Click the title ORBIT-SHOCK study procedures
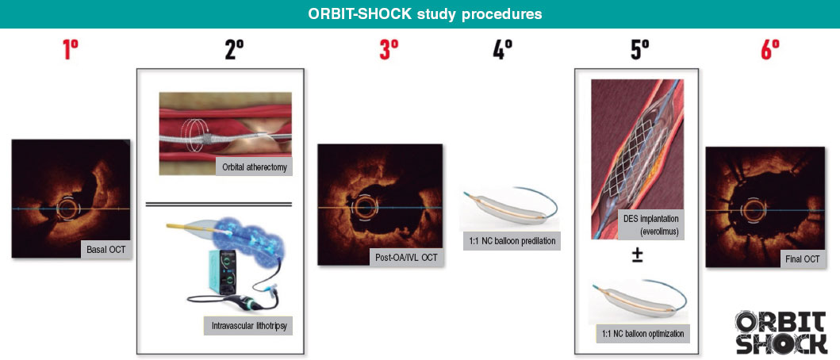point(420,14)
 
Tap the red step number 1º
point(71,51)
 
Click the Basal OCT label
point(105,251)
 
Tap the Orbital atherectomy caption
point(253,167)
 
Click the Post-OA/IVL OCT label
point(405,258)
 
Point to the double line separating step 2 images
point(219,204)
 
